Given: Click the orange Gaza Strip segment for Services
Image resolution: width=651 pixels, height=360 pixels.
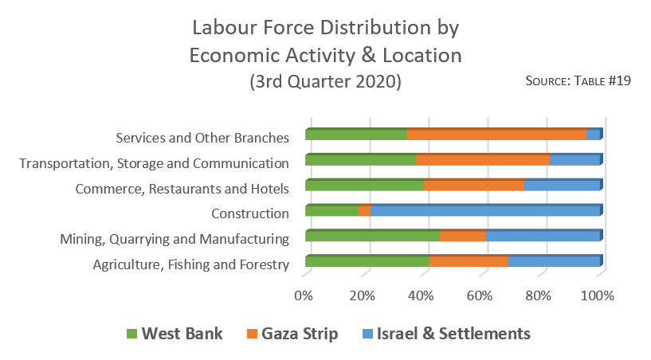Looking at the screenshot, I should point(496,135).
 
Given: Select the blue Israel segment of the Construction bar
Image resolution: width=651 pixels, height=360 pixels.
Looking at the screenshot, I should point(484,211).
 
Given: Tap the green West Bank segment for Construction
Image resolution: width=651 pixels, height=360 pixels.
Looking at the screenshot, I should point(331,211).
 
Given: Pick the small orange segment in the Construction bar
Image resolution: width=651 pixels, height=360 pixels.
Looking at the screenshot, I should point(364,211).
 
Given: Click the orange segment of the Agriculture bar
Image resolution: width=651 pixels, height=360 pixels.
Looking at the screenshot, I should point(469,262).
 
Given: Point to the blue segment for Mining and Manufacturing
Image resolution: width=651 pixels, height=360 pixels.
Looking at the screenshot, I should point(543,237).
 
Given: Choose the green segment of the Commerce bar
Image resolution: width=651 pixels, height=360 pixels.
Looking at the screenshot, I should point(364,186).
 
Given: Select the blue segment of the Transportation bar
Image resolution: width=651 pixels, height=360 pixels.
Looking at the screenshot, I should point(575,160).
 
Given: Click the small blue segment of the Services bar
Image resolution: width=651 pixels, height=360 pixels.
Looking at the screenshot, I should point(593,135).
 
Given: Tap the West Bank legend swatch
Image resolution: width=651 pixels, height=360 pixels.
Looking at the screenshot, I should point(132,334).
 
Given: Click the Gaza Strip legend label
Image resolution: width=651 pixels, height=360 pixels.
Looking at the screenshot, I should point(298,334).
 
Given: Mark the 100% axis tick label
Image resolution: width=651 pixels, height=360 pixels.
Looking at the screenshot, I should point(598,295).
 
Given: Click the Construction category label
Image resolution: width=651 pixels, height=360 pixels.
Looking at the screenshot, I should point(249,213).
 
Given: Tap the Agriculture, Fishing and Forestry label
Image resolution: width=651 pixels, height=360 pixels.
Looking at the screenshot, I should point(190,264).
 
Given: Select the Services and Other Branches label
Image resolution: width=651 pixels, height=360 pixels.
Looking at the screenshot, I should point(202,137).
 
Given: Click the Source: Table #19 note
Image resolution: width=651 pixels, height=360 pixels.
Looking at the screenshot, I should point(578,80).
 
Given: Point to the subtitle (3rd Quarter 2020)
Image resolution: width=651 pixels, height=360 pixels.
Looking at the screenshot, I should point(325,81).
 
